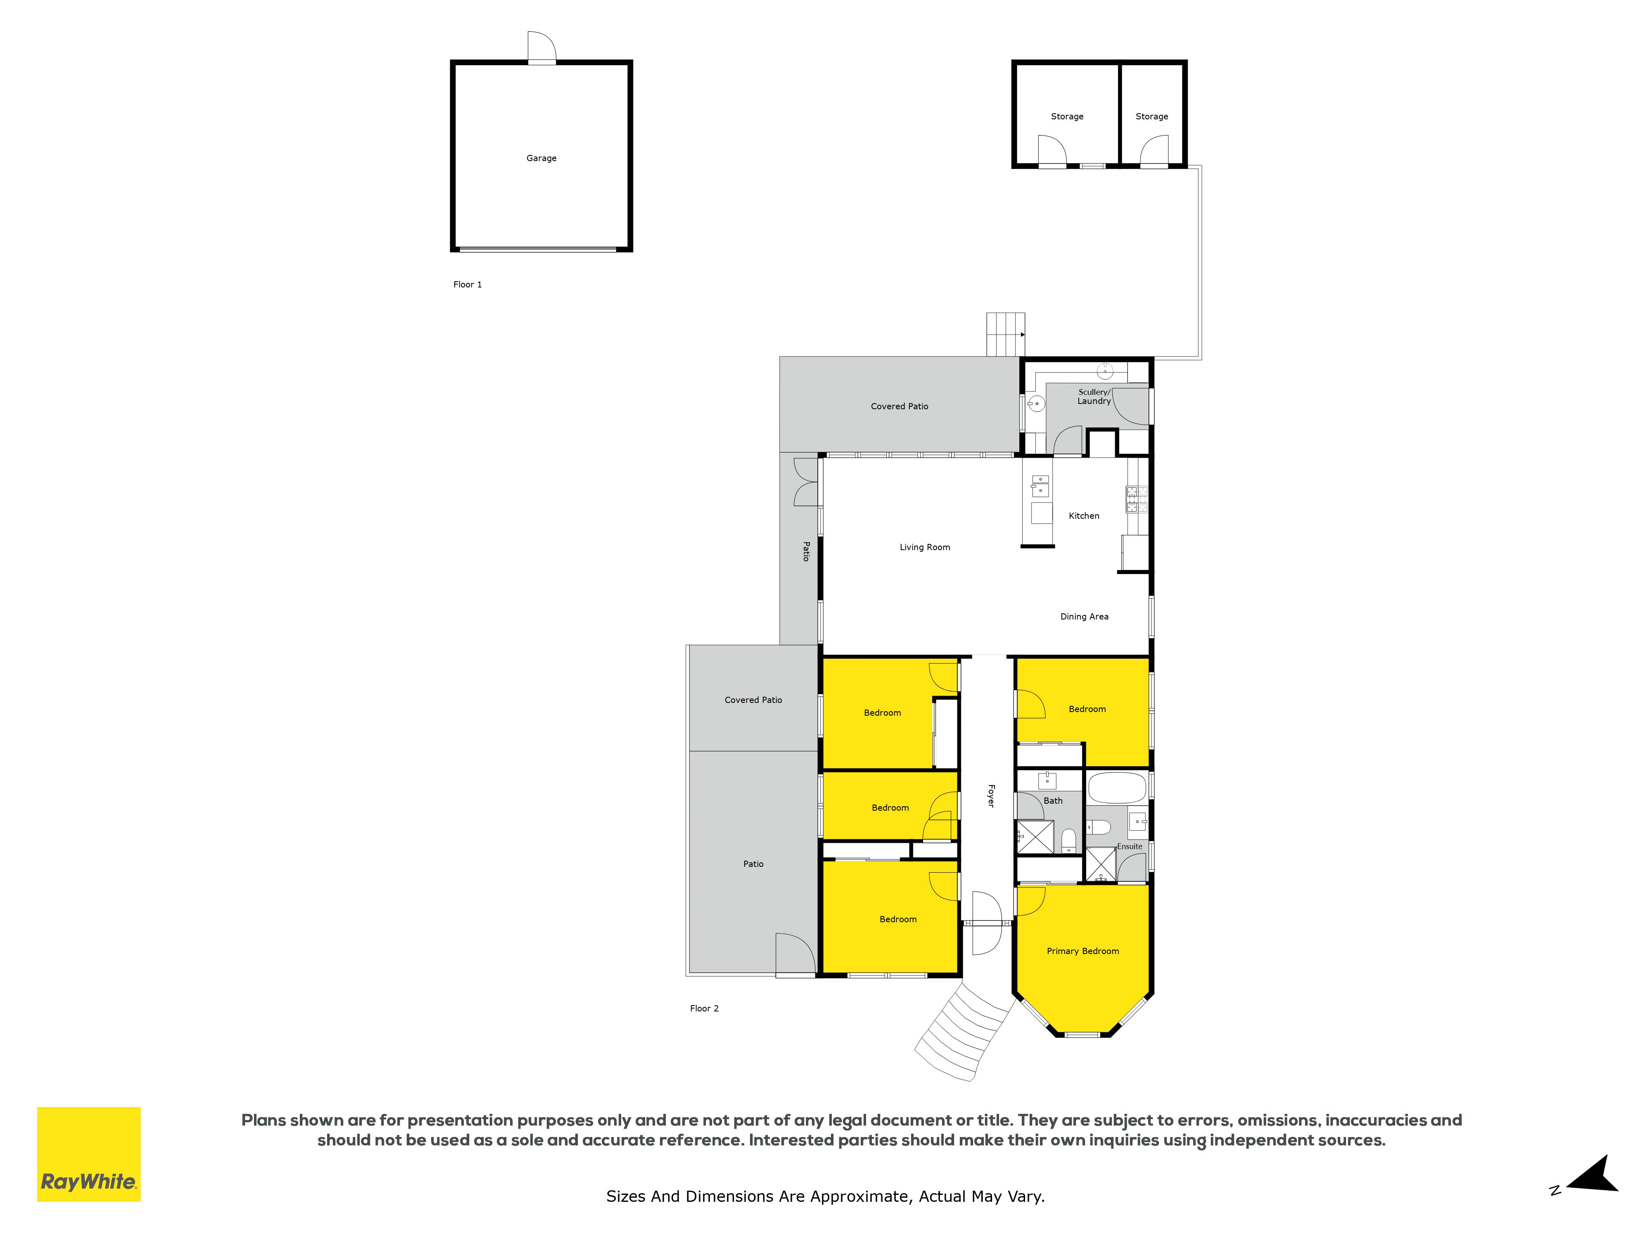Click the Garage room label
(x=541, y=158)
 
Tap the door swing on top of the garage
(x=541, y=46)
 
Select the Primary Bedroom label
(x=1083, y=951)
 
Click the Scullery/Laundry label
(x=1094, y=396)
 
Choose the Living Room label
(x=925, y=547)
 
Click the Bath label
(x=1053, y=801)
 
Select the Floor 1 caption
(x=468, y=285)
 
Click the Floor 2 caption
(x=704, y=1008)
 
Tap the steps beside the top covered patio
(x=1005, y=335)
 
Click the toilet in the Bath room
(x=1069, y=840)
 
